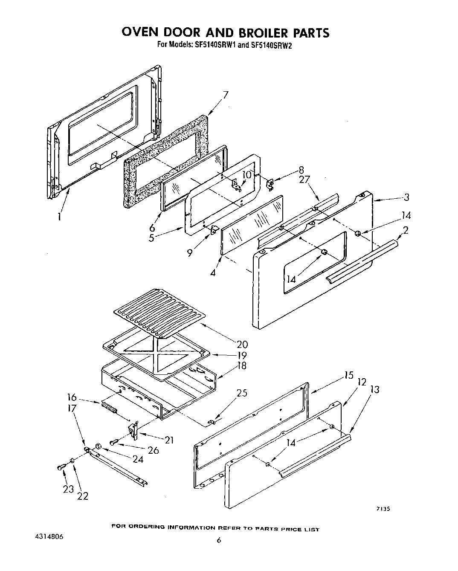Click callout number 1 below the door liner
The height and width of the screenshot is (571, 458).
click(59, 217)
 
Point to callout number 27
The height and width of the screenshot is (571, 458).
click(304, 180)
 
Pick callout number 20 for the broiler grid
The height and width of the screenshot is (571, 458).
click(242, 344)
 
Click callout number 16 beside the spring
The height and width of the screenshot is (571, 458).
click(71, 397)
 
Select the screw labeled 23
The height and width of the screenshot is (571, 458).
click(60, 468)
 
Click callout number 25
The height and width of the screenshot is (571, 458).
click(241, 394)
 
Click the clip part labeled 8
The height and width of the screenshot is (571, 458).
click(270, 183)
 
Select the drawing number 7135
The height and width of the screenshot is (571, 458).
click(384, 508)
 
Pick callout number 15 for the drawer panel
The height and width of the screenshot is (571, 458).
click(349, 375)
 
